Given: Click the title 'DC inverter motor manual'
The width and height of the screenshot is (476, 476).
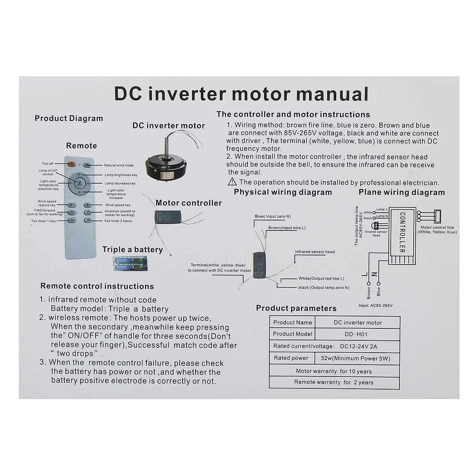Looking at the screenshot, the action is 241,94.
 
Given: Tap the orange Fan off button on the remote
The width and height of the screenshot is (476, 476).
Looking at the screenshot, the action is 72,164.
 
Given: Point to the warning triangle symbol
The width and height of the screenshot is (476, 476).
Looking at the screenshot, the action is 232,182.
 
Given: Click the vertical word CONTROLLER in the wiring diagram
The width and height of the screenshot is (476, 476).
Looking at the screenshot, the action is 402,232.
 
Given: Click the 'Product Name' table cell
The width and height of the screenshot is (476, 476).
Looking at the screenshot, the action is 292,322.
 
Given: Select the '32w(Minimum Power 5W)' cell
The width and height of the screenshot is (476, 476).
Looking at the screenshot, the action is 355,358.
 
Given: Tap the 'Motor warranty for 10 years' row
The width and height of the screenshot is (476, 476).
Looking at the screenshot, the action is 334,371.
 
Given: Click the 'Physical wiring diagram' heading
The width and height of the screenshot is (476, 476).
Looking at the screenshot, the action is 283,192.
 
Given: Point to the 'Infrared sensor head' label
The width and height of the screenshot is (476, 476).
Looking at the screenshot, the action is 315,252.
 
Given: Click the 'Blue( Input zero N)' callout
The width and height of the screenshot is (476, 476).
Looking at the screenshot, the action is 273,217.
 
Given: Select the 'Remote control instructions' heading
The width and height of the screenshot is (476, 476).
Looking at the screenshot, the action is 97,286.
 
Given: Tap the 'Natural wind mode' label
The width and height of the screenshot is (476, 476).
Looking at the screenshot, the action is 119,165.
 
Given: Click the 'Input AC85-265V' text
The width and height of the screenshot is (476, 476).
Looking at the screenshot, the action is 375,305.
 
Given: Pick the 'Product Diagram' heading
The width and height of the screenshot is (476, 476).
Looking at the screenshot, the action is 69,119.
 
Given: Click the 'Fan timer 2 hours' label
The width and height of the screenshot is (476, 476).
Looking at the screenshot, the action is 118,221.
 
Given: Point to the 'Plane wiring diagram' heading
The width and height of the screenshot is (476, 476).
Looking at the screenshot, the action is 401,192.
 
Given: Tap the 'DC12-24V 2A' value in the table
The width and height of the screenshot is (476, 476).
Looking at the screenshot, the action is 359,346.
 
